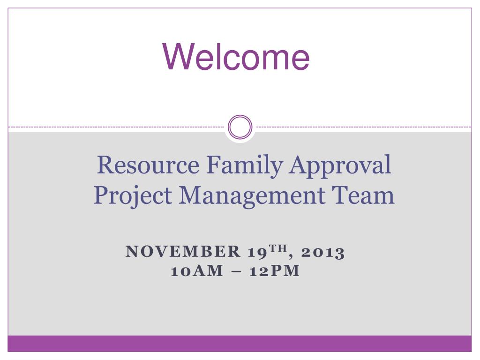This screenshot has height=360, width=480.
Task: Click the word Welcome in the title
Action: click(236, 57)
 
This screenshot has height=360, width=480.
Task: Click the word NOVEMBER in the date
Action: click(183, 251)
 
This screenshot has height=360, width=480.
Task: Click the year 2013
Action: click(322, 253)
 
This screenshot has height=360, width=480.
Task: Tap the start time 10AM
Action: click(197, 271)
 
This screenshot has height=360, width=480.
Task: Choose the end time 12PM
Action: click(274, 271)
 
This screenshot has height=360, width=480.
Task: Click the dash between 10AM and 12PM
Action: click(236, 272)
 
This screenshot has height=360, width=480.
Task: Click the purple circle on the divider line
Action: click(240, 115)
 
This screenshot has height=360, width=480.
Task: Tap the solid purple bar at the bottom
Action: click(240, 344)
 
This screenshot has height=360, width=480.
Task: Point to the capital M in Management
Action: click(192, 195)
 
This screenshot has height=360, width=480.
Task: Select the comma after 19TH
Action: click(291, 256)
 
